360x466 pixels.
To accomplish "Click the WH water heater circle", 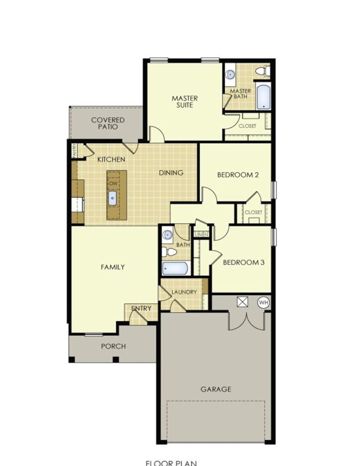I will coord(264,303).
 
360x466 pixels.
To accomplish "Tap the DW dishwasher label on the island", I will coord(113,184).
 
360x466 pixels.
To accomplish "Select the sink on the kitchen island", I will coord(112,198).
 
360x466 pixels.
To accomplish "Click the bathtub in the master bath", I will coord(264,96).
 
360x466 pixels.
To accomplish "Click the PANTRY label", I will coord(74,150).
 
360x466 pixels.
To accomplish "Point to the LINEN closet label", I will coord(201,235).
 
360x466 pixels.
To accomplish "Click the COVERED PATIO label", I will coord(108,123).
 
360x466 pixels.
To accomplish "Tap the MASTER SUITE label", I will coord(185,102).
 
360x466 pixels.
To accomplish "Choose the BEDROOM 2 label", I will coord(238,175).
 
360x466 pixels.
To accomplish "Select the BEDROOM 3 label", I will coord(244,262).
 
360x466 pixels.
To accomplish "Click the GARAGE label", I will coord(216,389).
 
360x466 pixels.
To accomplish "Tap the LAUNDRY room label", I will coord(184,292).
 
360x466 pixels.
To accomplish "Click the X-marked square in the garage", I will coord(242,302).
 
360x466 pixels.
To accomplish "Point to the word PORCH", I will coord(113,346).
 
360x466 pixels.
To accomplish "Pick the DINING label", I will coord(171,172).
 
